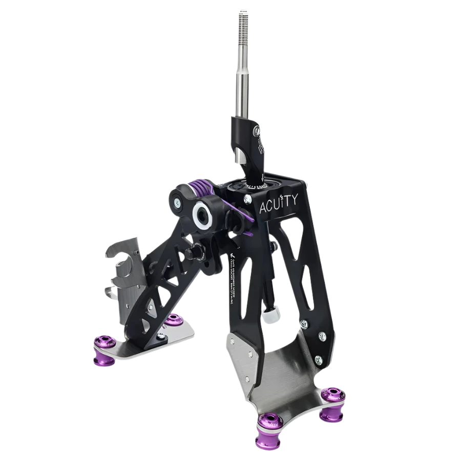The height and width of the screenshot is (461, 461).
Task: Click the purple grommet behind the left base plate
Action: coord(172,321)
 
